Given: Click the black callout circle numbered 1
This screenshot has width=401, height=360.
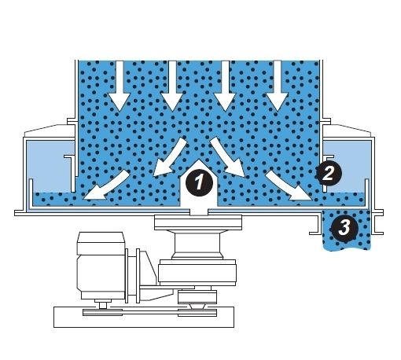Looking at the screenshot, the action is pyautogui.click(x=199, y=182).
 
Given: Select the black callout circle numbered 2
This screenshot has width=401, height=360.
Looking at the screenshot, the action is pyautogui.click(x=329, y=173).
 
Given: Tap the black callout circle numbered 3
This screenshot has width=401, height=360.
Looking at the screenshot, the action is pyautogui.click(x=344, y=227).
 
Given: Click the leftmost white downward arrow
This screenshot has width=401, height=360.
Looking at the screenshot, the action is pyautogui.click(x=120, y=86).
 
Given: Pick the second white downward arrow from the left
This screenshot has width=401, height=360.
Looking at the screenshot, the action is pyautogui.click(x=172, y=86).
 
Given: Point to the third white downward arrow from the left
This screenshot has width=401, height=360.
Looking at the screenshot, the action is pyautogui.click(x=225, y=86).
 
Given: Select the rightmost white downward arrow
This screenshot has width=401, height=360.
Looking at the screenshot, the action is pyautogui.click(x=278, y=86).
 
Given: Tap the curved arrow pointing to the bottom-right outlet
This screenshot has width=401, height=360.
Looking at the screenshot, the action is pyautogui.click(x=289, y=187).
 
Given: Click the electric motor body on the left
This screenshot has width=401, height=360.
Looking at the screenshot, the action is pyautogui.click(x=101, y=266).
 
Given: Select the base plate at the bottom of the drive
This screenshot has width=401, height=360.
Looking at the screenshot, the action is pyautogui.click(x=144, y=318).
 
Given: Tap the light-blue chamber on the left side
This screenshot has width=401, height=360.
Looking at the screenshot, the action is pyautogui.click(x=50, y=167).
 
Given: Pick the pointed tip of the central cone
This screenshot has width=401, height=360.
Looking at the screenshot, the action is pyautogui.click(x=199, y=159).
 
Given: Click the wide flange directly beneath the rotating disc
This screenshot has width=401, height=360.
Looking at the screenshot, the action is pyautogui.click(x=198, y=222).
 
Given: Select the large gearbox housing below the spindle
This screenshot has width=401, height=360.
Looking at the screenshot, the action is pyautogui.click(x=197, y=273).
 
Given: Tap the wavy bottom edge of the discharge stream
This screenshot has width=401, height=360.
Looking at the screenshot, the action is pyautogui.click(x=347, y=248).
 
